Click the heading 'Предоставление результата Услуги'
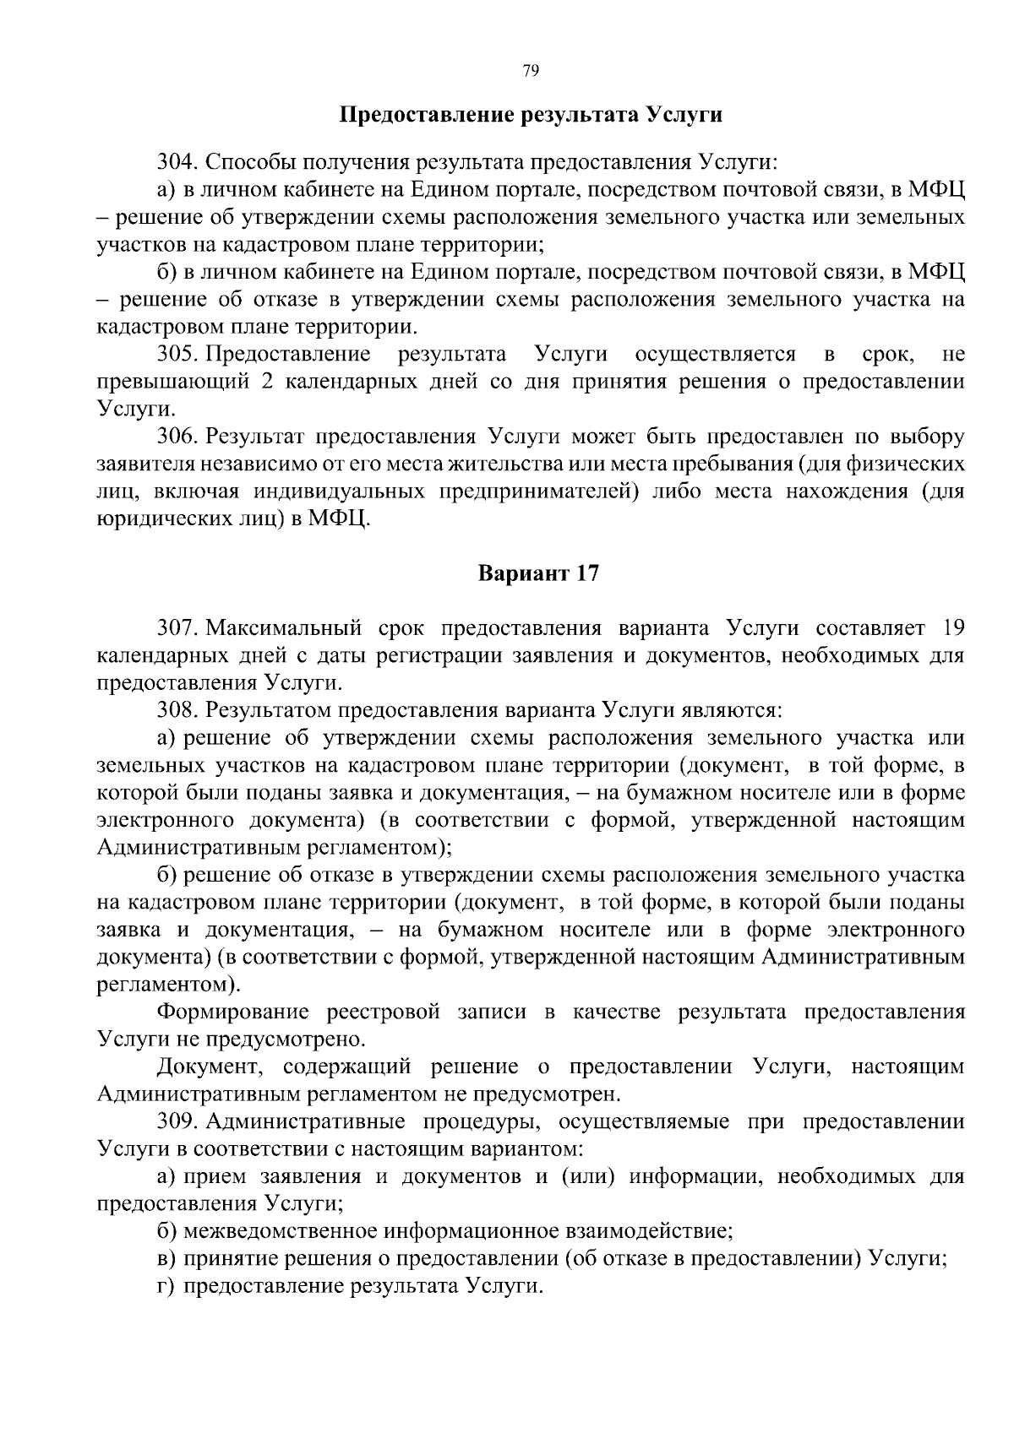point(531,115)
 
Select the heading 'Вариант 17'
point(538,574)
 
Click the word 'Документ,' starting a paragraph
point(211,1067)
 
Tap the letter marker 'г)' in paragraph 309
point(167,1286)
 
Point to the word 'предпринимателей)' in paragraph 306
point(537,491)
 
